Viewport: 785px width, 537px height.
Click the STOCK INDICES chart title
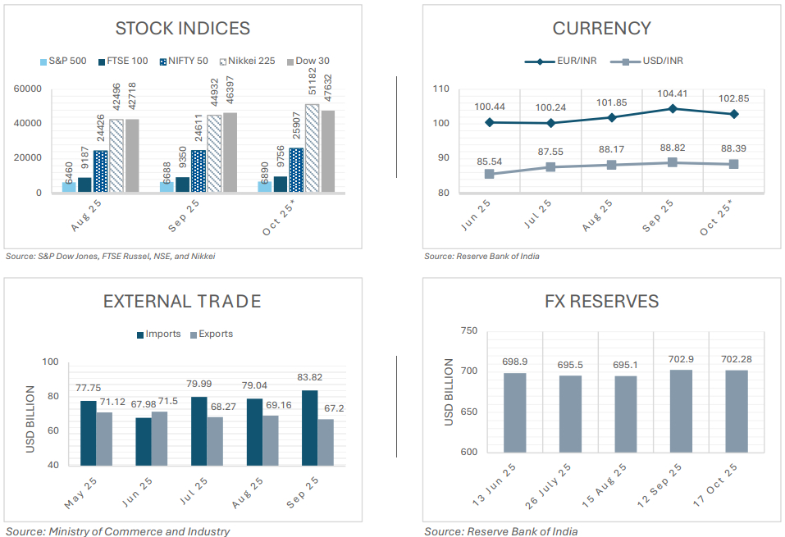(182, 28)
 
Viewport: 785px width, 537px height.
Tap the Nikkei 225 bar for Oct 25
(313, 148)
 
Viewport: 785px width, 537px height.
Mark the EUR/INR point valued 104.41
(673, 108)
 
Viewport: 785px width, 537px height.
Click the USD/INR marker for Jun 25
(490, 174)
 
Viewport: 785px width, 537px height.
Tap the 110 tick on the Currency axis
(440, 89)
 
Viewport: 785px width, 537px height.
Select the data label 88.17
(612, 149)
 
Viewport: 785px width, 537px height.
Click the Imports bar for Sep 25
(309, 427)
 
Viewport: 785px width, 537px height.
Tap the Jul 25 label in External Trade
(192, 490)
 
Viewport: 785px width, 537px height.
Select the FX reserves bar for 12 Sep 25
(681, 411)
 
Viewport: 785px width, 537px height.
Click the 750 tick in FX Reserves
(468, 330)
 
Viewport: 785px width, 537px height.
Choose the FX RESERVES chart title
(601, 301)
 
